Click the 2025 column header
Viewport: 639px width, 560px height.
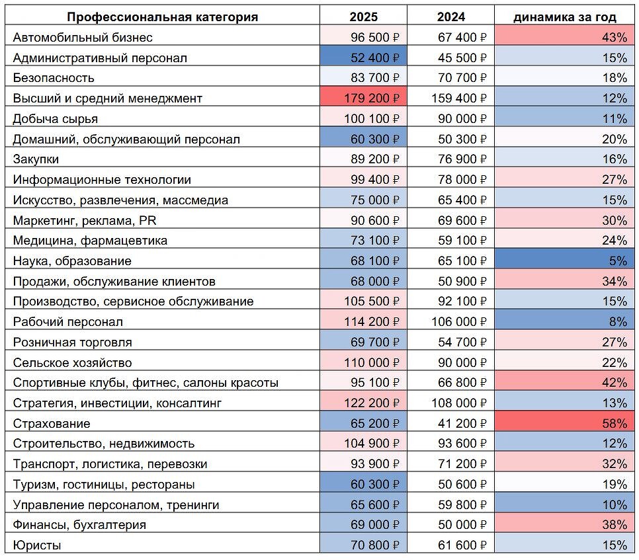pos(363,17)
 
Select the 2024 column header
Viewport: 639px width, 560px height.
pos(450,17)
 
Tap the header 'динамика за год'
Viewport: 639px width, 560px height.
pos(564,17)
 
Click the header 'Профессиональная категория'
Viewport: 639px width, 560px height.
pos(163,17)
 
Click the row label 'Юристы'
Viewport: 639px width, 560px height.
pos(37,545)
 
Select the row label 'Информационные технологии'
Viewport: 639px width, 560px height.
pos(102,180)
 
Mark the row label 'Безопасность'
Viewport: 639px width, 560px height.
pos(54,78)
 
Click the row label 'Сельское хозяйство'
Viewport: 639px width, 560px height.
pos(72,362)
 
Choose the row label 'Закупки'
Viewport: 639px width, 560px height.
pos(36,159)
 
